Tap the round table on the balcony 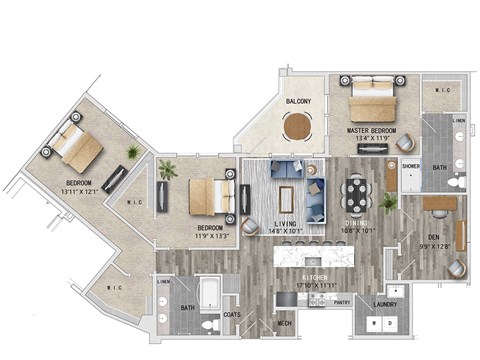298,127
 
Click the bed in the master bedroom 371,100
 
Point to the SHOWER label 410,167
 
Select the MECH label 284,323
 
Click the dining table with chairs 356,191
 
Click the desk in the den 439,204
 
